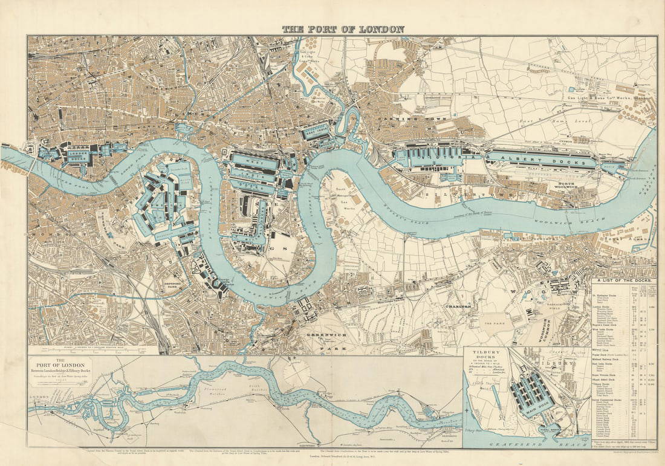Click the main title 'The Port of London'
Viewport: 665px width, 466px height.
click(343, 29)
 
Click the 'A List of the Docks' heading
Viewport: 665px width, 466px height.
click(623, 280)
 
